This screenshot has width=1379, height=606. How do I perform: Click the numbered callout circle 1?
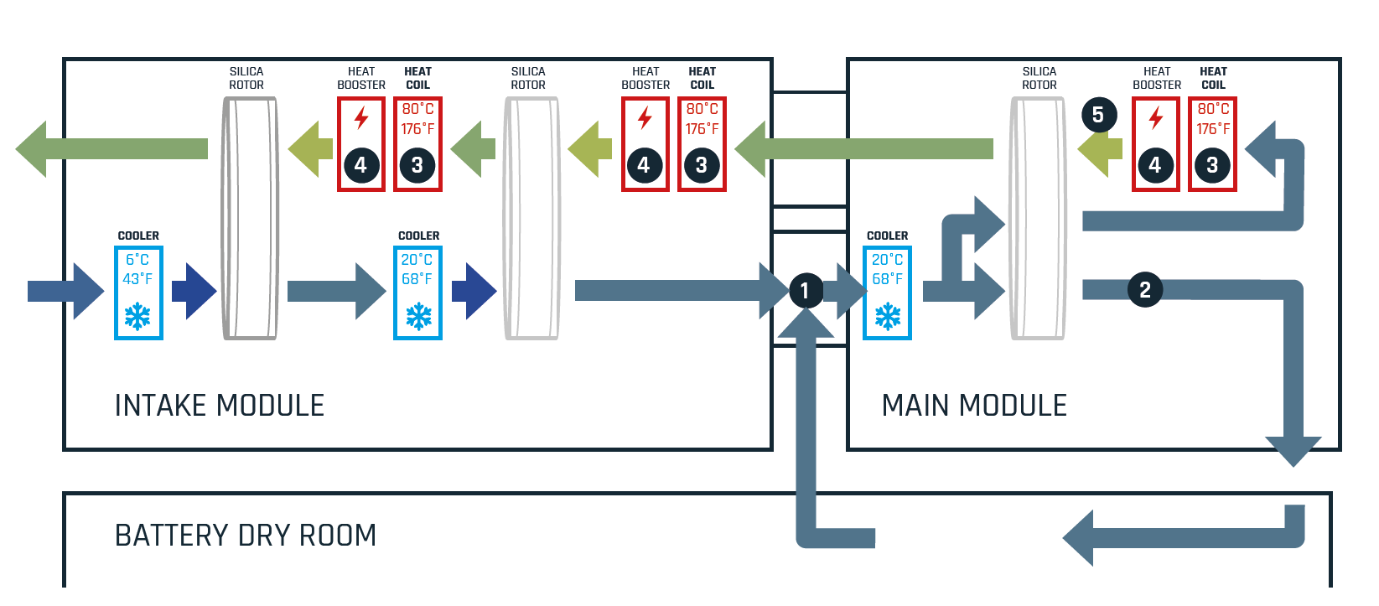(x=805, y=291)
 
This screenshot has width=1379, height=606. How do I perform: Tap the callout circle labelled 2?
(x=1145, y=290)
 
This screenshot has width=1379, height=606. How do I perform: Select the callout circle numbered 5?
(x=1098, y=115)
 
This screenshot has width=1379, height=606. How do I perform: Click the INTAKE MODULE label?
(x=220, y=406)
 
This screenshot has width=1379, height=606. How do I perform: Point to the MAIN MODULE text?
(x=974, y=406)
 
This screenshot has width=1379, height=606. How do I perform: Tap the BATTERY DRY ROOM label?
(x=246, y=536)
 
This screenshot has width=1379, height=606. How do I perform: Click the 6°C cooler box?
(x=138, y=293)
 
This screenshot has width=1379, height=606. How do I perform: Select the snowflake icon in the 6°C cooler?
(x=137, y=316)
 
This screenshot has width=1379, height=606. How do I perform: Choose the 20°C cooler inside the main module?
(x=887, y=293)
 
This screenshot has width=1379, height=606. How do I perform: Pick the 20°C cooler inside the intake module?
(x=417, y=293)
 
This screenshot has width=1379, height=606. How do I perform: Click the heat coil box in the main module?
(x=1212, y=144)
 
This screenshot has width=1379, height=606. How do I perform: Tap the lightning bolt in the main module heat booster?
(x=1156, y=117)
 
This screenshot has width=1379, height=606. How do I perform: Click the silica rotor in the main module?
(x=1039, y=218)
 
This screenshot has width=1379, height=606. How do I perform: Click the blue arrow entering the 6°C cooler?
(x=65, y=291)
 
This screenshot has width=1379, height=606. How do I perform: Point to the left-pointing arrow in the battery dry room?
(x=1174, y=537)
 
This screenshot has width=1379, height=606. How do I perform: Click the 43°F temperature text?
(x=137, y=279)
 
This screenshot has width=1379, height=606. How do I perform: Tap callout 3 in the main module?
(x=1212, y=165)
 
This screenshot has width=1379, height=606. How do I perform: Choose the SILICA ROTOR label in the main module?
(x=1039, y=78)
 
